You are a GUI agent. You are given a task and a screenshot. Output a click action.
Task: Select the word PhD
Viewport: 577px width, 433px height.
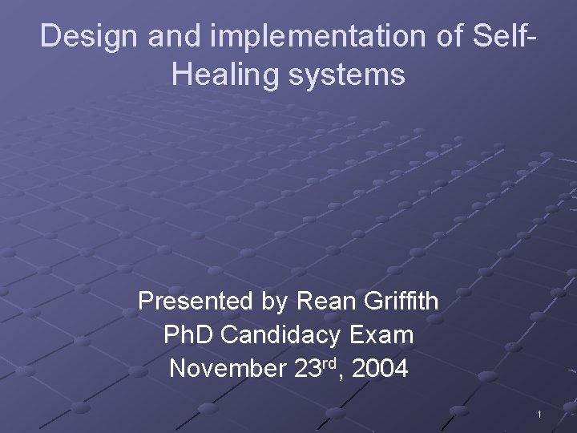(188, 335)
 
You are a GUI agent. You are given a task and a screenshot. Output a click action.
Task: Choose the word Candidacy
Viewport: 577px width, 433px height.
(280, 335)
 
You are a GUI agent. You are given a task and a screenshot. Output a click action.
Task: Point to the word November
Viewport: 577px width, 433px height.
(219, 370)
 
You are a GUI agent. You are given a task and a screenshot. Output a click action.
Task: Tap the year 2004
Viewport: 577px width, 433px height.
(379, 370)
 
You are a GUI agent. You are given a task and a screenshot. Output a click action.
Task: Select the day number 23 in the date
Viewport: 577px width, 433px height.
(302, 370)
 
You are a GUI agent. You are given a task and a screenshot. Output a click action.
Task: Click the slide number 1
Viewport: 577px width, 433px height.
(540, 414)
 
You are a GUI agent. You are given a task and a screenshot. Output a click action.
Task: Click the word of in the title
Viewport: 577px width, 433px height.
(408, 37)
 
